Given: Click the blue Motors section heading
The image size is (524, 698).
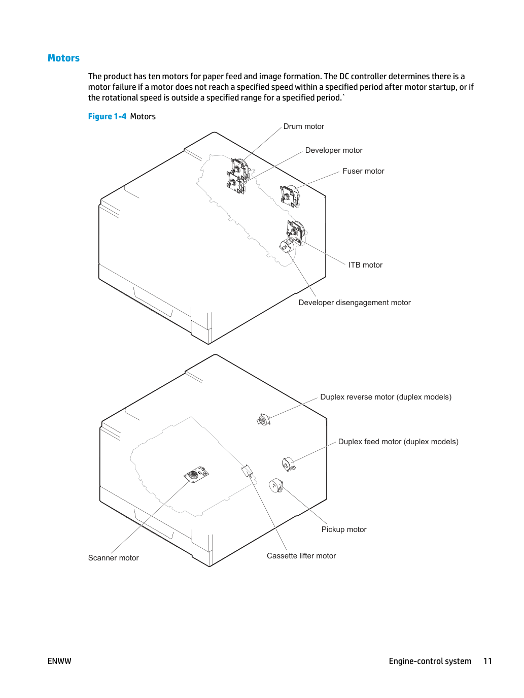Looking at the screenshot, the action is [63, 58].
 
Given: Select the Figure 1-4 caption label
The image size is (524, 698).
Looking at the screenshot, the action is [107, 116].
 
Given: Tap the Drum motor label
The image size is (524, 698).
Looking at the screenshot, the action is [303, 126].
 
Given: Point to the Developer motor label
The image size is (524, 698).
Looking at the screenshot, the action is [334, 150].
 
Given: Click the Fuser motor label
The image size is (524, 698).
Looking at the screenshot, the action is [363, 171].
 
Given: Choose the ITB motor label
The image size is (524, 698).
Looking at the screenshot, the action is [365, 265].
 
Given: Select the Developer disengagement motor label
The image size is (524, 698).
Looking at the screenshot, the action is [354, 303].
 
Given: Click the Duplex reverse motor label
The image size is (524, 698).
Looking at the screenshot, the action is [386, 397].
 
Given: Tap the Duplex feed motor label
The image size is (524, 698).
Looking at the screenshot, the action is [398, 441].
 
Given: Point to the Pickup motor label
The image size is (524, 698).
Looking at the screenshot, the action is [344, 529].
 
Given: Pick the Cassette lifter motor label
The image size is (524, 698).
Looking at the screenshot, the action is [301, 555].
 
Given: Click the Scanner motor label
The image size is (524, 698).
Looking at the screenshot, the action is [114, 558].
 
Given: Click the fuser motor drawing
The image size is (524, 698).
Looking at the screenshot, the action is [290, 196].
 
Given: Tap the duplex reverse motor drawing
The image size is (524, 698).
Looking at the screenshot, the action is [263, 420].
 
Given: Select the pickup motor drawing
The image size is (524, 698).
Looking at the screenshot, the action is [276, 486].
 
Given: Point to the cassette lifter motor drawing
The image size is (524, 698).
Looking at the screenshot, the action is [247, 470].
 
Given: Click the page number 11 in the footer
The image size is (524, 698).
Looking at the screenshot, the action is [487, 661].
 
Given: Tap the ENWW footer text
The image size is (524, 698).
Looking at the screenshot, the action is [59, 661].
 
